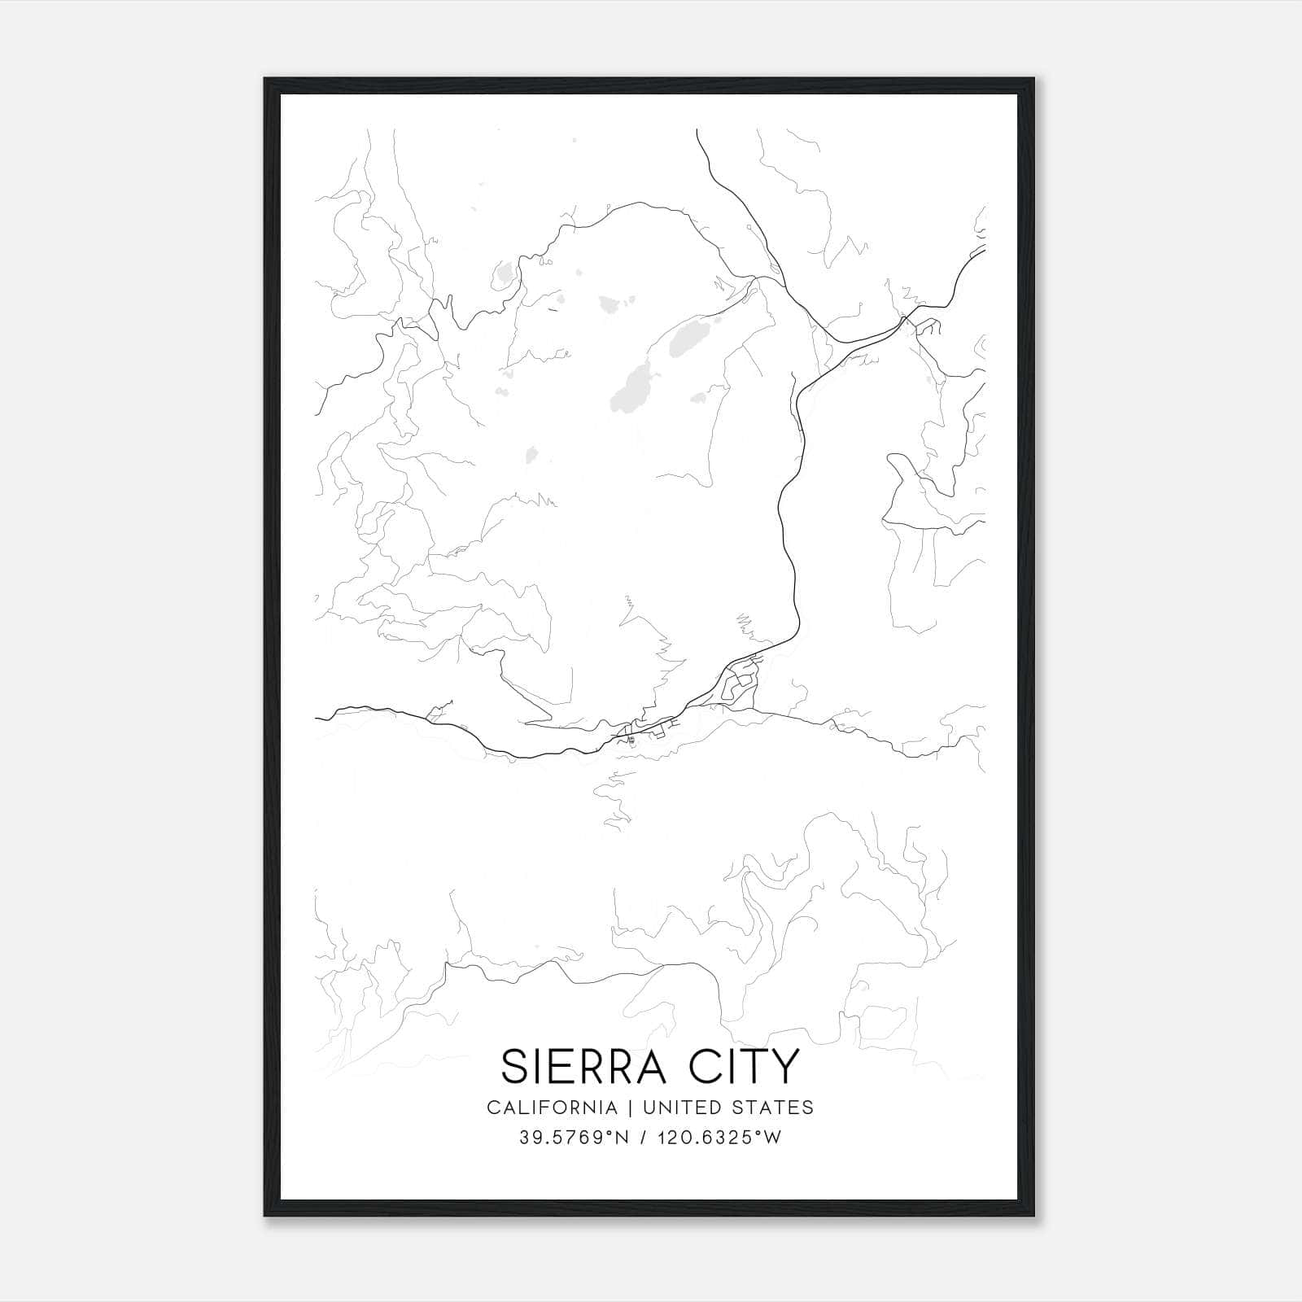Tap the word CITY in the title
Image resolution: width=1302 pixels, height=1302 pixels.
pos(750,1067)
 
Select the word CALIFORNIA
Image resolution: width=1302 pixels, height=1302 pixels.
pos(552,1108)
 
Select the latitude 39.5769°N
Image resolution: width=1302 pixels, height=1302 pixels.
pos(574,1138)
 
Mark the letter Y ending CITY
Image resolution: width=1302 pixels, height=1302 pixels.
pos(786,1067)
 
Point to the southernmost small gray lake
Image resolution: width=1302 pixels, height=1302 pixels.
pos(532,454)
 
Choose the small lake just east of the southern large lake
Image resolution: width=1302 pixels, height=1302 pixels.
pos(698,398)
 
